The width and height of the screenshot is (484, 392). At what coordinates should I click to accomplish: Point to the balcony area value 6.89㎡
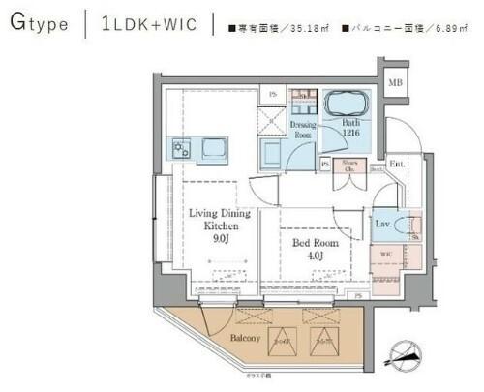(x=442, y=26)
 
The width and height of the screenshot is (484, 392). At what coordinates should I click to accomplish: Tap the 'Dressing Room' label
(x=303, y=129)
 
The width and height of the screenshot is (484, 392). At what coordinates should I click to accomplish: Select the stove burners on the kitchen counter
(x=181, y=149)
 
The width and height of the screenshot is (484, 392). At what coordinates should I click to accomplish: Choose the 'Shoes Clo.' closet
(x=351, y=166)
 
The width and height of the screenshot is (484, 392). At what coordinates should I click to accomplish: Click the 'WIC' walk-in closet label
(x=385, y=256)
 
